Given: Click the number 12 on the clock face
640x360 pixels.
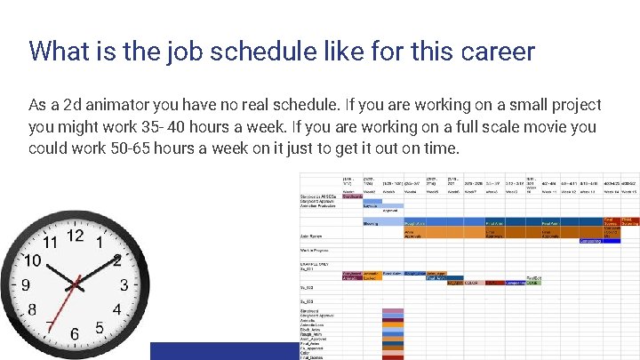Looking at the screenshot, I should coord(76,236).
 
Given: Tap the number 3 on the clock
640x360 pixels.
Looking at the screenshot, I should coord(124,285).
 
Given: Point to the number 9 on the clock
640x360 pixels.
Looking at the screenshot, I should coord(26,285).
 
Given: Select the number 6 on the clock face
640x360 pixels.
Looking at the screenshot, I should coord(75,334).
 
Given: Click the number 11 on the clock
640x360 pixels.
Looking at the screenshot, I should coord(51,242).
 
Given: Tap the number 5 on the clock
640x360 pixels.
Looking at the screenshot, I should coord(100,328).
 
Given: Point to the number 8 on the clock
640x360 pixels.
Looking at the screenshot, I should coord(32,309).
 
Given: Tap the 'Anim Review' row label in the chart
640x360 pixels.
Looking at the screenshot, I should coord(311,236).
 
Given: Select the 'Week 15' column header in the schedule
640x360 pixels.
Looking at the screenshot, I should coord(628,190).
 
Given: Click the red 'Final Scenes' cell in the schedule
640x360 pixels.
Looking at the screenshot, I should coord(611,220).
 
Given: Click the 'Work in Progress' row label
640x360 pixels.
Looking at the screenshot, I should coord(316,251).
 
